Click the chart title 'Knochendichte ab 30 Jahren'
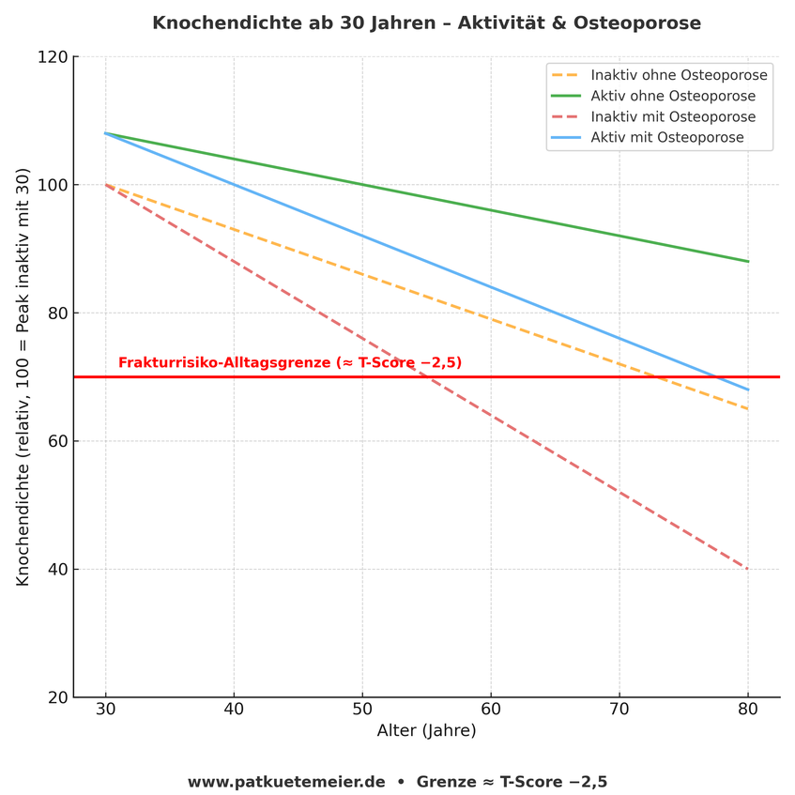(426, 23)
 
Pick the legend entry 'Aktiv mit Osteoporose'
(667, 138)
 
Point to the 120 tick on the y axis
(55, 57)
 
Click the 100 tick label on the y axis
(55, 185)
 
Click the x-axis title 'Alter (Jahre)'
(426, 731)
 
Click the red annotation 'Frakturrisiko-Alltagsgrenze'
(290, 363)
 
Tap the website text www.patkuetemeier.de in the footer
(286, 782)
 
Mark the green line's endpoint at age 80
(748, 262)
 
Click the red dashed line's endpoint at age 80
(748, 569)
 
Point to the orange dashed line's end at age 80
(748, 409)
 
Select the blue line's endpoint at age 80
(748, 390)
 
